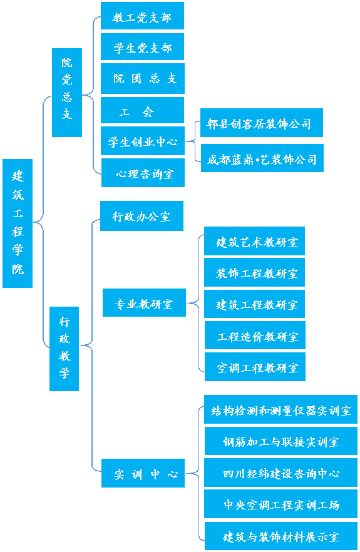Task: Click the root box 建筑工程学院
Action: point(18,223)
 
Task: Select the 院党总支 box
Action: point(66,93)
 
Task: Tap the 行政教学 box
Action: point(64,348)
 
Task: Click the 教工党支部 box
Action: point(142,16)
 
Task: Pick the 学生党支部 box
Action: point(142,48)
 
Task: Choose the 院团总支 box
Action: point(143,79)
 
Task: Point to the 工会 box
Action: point(143,111)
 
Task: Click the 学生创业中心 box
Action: point(143,141)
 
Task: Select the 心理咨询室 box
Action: point(143,173)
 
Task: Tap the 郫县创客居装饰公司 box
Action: point(259,123)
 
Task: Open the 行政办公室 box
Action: point(141,216)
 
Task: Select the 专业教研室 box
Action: point(144,304)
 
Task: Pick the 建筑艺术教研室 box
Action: point(254,242)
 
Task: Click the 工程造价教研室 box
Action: point(255,336)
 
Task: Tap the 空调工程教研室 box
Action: point(255,367)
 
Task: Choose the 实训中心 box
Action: point(143,474)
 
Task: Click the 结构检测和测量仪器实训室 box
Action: point(280,410)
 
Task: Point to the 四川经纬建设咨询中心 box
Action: point(280,473)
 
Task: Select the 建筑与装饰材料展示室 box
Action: point(280,536)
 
